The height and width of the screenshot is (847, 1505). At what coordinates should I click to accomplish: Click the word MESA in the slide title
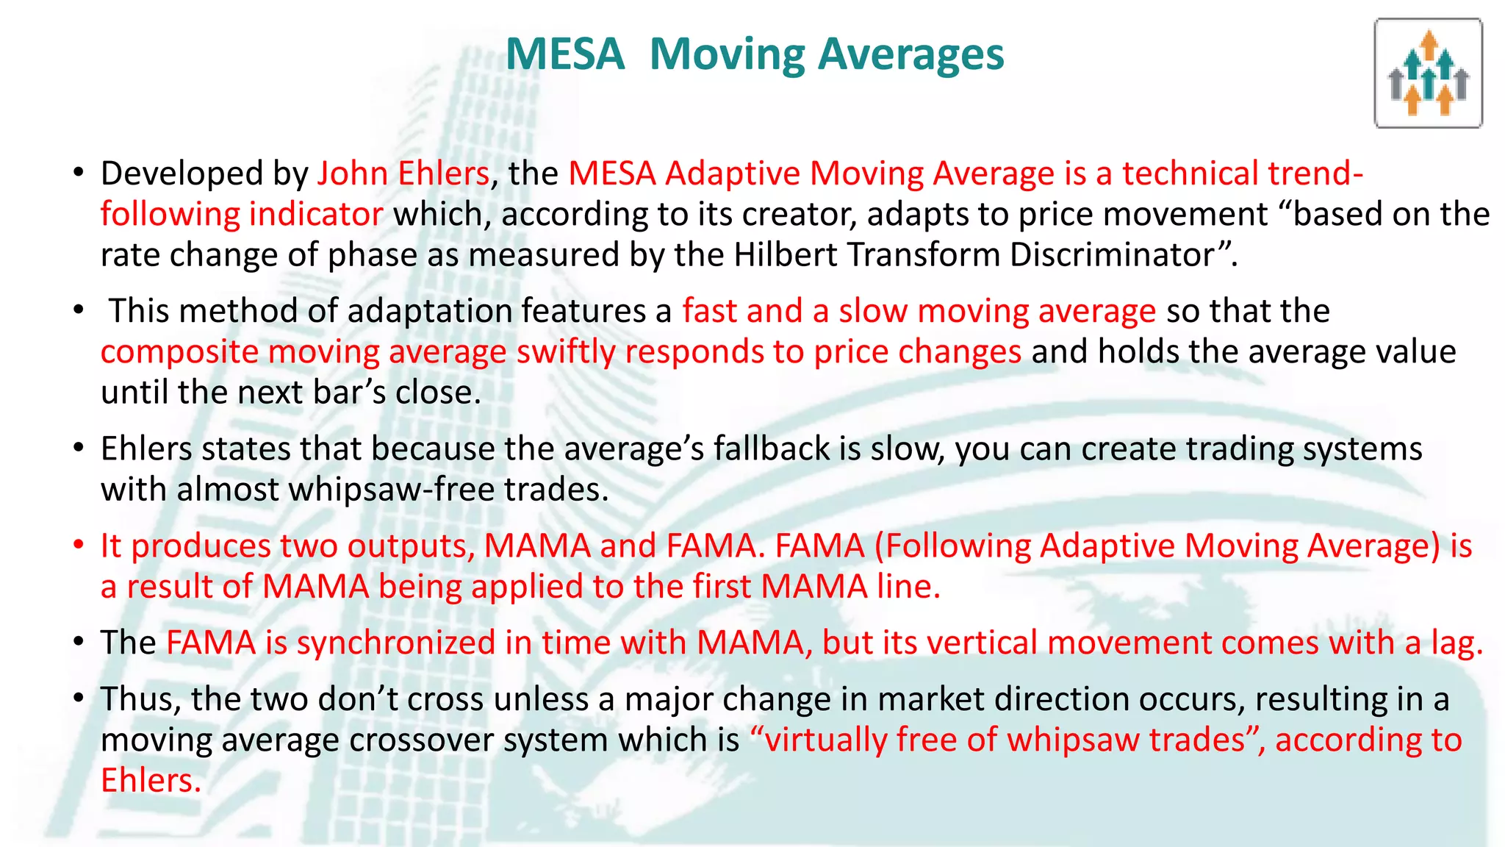[565, 55]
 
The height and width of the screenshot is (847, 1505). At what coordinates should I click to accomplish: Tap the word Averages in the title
[910, 55]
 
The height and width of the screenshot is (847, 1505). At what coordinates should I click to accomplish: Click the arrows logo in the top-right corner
[1428, 74]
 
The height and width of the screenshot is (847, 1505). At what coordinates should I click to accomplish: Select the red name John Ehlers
[403, 174]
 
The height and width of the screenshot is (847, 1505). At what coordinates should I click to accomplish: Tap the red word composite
[179, 352]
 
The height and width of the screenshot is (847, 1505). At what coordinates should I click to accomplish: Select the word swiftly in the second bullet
[566, 352]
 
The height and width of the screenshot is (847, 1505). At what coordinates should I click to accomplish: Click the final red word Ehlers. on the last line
[151, 780]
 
